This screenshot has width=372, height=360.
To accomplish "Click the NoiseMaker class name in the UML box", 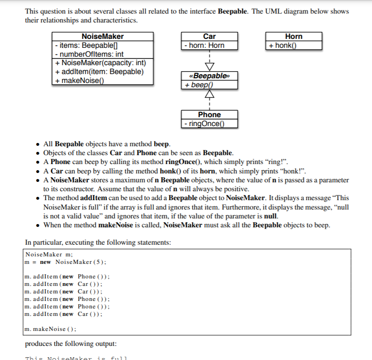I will pyautogui.click(x=103, y=37).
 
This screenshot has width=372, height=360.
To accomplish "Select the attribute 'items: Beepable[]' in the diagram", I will pyautogui.click(x=79, y=45).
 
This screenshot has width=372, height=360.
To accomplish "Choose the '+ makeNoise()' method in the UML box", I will pyautogui.click(x=79, y=80).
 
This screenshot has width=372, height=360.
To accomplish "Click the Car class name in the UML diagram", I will pyautogui.click(x=209, y=37).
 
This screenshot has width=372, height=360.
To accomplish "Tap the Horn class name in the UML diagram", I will pyautogui.click(x=294, y=37).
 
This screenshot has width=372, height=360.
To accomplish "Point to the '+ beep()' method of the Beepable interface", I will pyautogui.click(x=198, y=85).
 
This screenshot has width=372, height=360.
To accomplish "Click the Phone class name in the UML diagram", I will pyautogui.click(x=209, y=115).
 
